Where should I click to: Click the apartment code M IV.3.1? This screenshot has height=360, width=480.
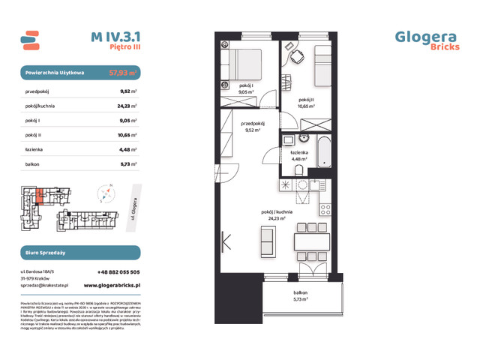pyautogui.click(x=114, y=35)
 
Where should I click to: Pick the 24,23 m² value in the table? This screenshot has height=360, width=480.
pyautogui.click(x=127, y=106)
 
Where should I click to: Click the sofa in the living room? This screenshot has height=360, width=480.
pyautogui.click(x=266, y=243)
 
